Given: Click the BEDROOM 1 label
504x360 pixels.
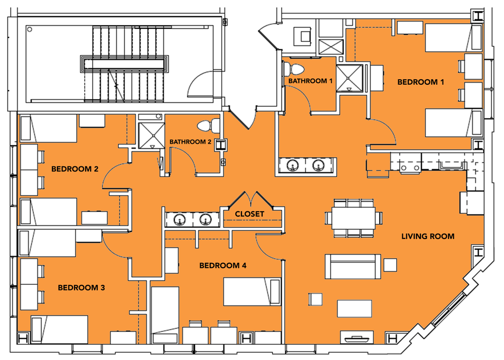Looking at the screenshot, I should (x=420, y=82).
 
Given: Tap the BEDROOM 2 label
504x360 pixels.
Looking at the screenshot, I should (x=75, y=169).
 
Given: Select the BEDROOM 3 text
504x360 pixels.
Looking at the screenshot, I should (x=81, y=288).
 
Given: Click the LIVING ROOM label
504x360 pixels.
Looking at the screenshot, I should (x=428, y=236).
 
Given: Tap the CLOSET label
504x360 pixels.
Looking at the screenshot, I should (x=249, y=214).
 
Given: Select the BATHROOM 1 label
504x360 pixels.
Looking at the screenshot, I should (x=310, y=81).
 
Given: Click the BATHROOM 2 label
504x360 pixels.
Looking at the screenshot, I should (x=190, y=142).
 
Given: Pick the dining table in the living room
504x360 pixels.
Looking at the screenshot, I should (x=353, y=218).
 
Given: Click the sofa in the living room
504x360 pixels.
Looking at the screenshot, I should (x=353, y=267).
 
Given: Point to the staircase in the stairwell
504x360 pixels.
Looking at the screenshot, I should (x=124, y=64).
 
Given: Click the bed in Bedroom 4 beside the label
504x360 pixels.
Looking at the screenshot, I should (x=252, y=291).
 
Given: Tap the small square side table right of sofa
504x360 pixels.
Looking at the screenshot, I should (x=390, y=265).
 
